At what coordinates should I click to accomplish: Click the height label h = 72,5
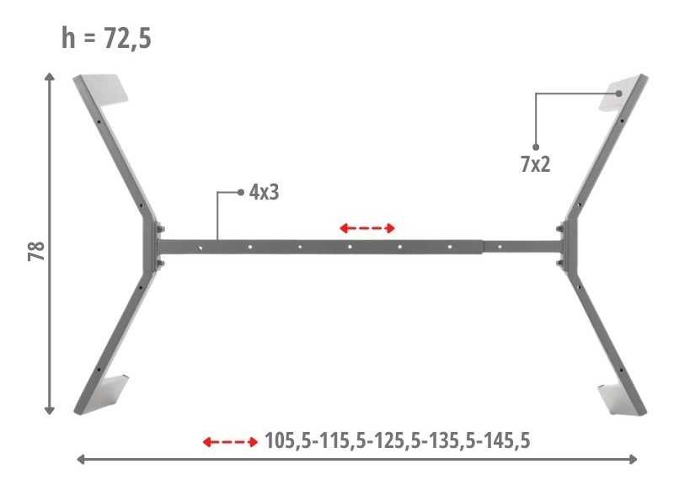(106, 38)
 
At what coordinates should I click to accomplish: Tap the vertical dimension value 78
(36, 251)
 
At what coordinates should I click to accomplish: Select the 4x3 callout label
(264, 192)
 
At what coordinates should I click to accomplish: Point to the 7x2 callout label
(535, 164)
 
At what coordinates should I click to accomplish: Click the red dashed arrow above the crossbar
(367, 228)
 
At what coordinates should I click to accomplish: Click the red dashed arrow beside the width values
(230, 442)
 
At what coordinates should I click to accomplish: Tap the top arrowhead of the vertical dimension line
(50, 77)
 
